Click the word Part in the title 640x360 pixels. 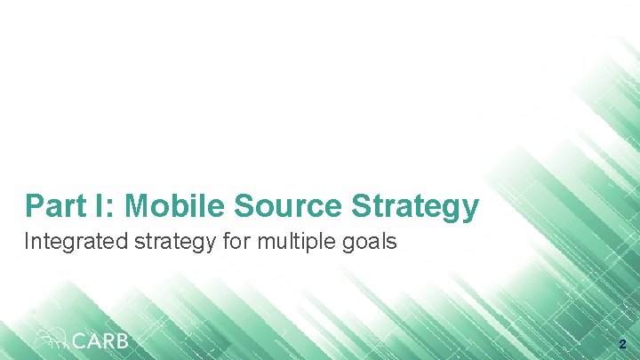(x=55, y=206)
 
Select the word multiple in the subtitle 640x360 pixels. (x=289, y=242)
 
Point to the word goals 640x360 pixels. (x=368, y=242)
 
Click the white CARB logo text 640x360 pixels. (x=100, y=340)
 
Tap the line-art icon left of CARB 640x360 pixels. (x=51, y=339)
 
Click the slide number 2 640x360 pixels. (x=622, y=343)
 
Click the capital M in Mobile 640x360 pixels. (x=139, y=206)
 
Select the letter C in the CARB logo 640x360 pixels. (x=79, y=340)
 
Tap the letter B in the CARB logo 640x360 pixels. (x=121, y=340)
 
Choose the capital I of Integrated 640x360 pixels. (x=28, y=241)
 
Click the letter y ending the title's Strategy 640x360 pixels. (x=470, y=210)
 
